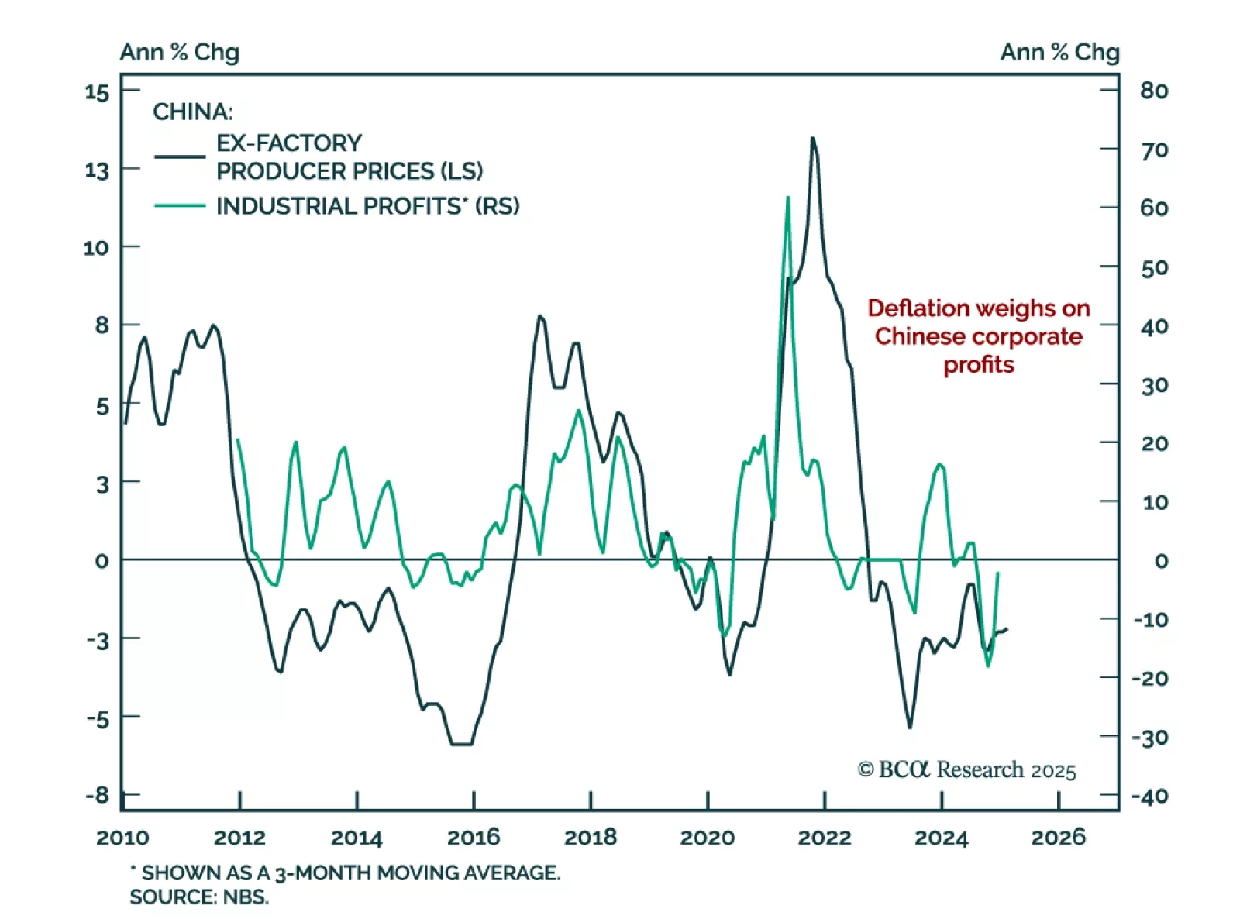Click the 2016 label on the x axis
click(474, 837)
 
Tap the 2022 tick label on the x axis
click(824, 837)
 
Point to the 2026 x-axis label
click(1058, 837)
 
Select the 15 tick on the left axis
click(97, 92)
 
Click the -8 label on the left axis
click(98, 795)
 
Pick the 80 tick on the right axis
click(1154, 91)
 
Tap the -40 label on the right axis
click(1150, 796)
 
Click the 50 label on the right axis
click(1154, 268)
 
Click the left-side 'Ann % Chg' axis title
click(179, 52)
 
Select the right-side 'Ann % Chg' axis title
click(1059, 52)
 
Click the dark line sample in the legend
click(180, 157)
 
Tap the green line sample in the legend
click(180, 206)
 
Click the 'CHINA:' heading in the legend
click(193, 112)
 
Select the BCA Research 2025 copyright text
click(966, 769)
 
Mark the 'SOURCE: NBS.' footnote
click(199, 897)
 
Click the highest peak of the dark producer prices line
click(812, 138)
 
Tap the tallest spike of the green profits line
click(788, 198)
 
